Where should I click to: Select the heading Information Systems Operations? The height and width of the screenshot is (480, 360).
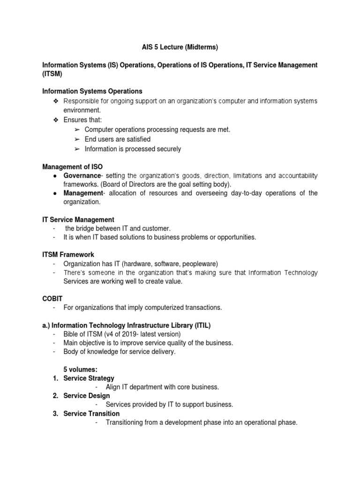pyautogui.click(x=92, y=91)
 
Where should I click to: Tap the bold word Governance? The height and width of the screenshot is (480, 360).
pyautogui.click(x=82, y=175)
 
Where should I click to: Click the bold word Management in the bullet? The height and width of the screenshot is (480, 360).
pyautogui.click(x=82, y=193)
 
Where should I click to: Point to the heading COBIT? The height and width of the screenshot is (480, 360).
pyautogui.click(x=52, y=298)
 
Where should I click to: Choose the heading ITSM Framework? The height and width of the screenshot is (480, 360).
pyautogui.click(x=68, y=255)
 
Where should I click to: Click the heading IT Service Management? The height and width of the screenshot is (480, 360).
pyautogui.click(x=78, y=219)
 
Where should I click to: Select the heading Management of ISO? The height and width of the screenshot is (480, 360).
pyautogui.click(x=72, y=166)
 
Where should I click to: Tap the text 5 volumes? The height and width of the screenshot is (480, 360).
pyautogui.click(x=80, y=369)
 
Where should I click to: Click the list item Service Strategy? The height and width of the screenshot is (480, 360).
pyautogui.click(x=89, y=378)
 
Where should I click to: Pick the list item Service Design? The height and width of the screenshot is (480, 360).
pyautogui.click(x=87, y=396)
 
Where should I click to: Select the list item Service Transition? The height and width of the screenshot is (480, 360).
pyautogui.click(x=91, y=413)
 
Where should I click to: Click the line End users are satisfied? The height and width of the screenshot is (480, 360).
pyautogui.click(x=118, y=139)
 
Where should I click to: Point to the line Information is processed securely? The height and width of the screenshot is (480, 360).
pyautogui.click(x=133, y=149)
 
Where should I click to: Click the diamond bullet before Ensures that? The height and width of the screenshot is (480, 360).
pyautogui.click(x=54, y=120)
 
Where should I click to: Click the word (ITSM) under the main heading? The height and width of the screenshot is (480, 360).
pyautogui.click(x=52, y=74)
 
